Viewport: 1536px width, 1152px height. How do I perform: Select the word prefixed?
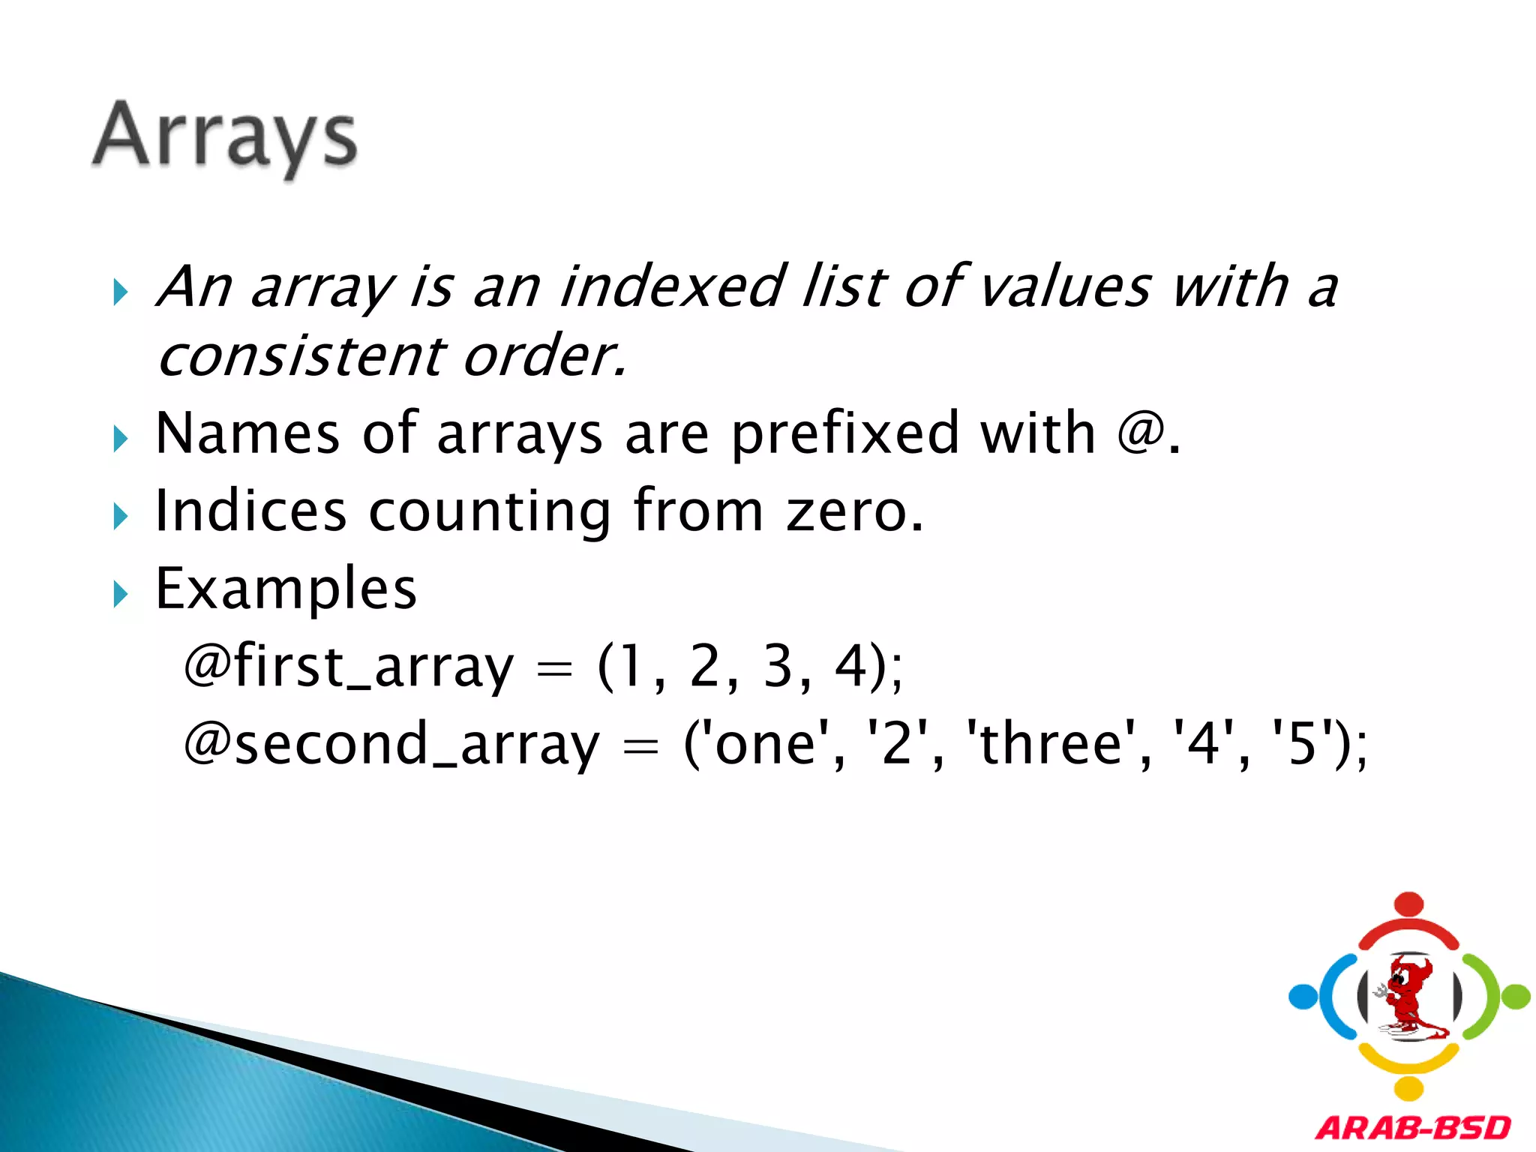pos(845,433)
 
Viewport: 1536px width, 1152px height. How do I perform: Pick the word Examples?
pos(286,589)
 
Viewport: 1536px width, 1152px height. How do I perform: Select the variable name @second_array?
pos(391,744)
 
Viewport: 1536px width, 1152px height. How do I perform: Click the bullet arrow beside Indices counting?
pos(121,517)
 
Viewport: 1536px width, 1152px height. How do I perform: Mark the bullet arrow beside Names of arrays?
pos(121,439)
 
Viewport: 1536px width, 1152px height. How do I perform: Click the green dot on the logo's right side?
pos(1516,997)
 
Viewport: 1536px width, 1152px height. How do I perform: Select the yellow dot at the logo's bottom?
pos(1409,1087)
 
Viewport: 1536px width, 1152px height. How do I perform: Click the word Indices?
pos(250,511)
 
